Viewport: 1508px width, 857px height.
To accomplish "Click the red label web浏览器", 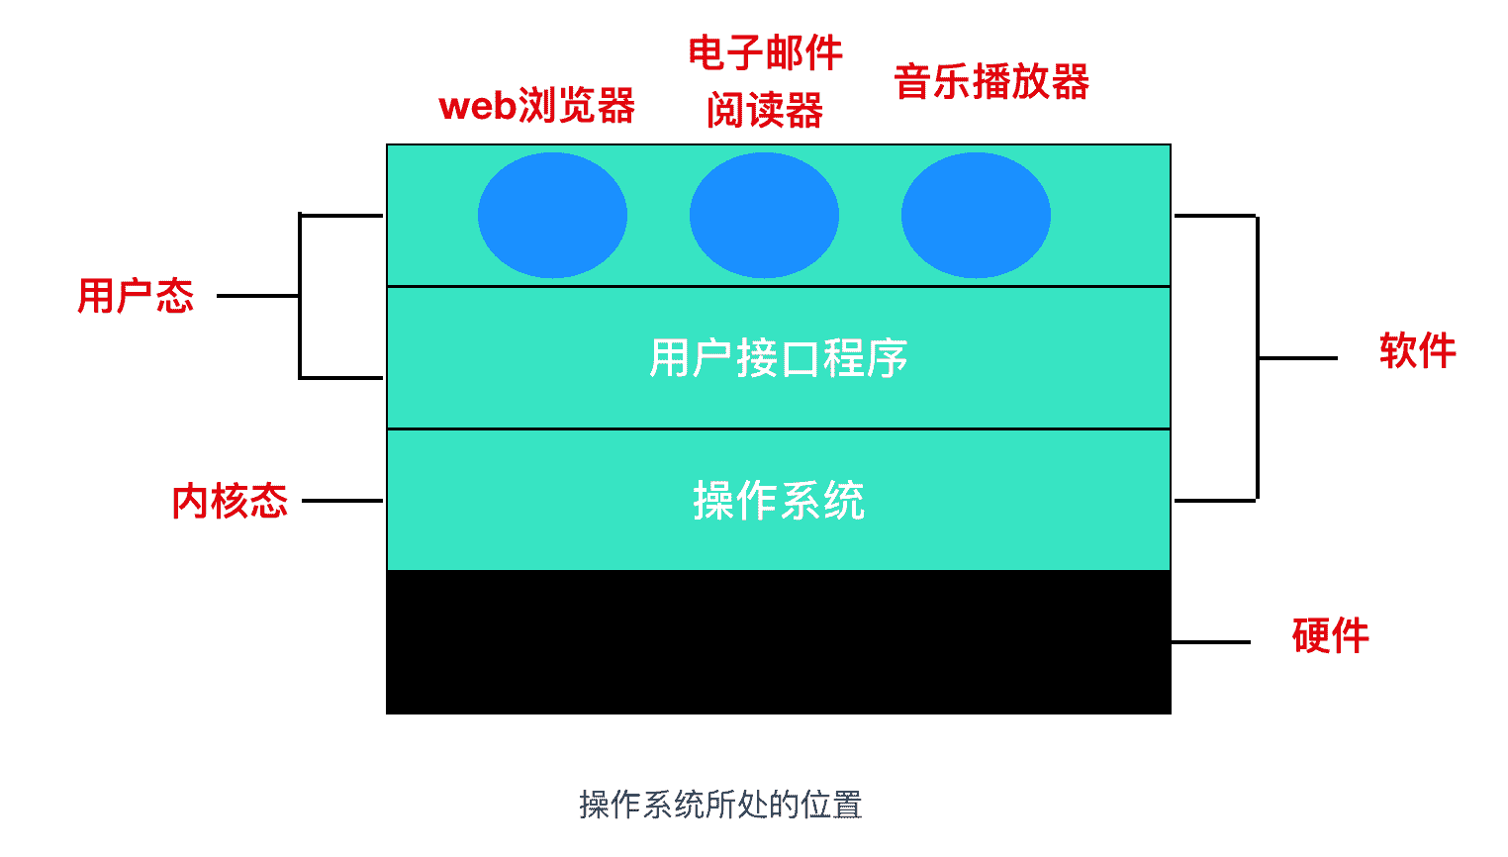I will (x=536, y=106).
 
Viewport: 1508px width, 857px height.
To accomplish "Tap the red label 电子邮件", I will (x=765, y=52).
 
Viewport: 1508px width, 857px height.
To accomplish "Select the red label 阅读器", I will (x=765, y=110).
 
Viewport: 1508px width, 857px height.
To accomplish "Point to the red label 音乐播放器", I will (x=990, y=81).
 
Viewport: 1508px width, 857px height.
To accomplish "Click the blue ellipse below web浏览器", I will (x=552, y=216).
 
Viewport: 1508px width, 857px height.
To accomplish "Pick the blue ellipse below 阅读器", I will (x=764, y=216).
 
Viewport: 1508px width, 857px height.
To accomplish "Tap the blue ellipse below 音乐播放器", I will (x=976, y=216).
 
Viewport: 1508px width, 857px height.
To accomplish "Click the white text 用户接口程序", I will (x=778, y=358).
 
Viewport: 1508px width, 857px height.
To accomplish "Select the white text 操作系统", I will (x=778, y=501).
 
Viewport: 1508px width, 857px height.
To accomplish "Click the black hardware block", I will (x=778, y=641).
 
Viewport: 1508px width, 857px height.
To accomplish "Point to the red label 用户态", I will (x=136, y=296).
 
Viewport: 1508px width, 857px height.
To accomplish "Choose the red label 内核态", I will (x=230, y=501).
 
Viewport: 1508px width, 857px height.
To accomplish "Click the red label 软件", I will (x=1417, y=351).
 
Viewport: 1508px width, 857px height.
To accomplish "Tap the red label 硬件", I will (x=1330, y=635).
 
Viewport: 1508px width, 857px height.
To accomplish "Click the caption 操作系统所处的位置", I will (x=720, y=805).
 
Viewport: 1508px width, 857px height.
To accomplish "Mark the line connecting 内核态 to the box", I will (x=342, y=501).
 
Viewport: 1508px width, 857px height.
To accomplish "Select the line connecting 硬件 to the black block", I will (x=1211, y=642).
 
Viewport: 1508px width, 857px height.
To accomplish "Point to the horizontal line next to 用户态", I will (x=257, y=296).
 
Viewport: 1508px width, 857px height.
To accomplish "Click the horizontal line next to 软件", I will (x=1298, y=358).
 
